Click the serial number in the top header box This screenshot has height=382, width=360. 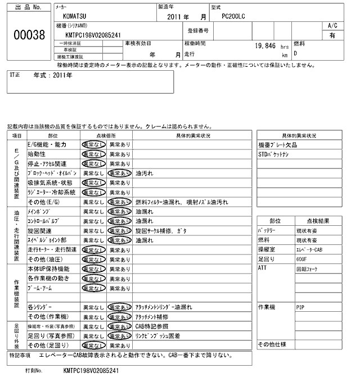pos(93,35)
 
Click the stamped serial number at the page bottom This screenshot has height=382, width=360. pos(92,371)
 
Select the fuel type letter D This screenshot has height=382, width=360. pos(296,54)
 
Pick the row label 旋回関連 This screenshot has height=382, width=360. pos(39,231)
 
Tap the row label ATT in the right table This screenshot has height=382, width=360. pos(262,269)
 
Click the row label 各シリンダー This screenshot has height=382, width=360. pos(40,308)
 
